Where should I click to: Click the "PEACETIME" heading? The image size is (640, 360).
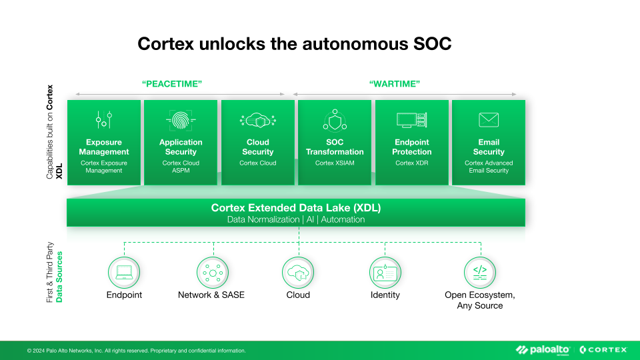172,84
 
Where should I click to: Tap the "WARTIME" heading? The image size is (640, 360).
395,84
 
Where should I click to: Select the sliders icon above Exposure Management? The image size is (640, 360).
103,121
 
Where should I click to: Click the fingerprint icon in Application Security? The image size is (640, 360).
181,121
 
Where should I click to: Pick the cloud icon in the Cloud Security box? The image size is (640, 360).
257,121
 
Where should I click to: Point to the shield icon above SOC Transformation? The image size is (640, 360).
335,121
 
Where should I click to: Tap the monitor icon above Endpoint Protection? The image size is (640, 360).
411,121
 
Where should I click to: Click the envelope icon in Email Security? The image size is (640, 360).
489,120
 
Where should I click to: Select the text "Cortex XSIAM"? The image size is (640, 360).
335,163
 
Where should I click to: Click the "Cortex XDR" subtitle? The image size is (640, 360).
411,163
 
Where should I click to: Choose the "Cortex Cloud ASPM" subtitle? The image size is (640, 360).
181,167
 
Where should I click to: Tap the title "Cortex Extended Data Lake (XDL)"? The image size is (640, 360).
296,208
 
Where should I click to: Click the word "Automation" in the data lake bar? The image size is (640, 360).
343,219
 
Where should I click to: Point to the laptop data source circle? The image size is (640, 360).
124,273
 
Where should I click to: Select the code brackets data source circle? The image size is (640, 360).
480,273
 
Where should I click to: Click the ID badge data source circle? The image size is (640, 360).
385,273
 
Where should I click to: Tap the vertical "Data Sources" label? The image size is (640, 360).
60,277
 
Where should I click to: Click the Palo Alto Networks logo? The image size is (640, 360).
543,350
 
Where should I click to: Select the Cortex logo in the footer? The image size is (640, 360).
603,350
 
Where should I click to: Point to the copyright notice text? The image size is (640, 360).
136,351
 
